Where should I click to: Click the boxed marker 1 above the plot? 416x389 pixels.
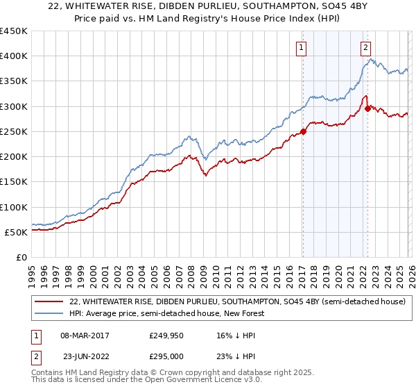[x=302, y=48]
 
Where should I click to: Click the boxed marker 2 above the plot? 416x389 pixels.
[x=365, y=48]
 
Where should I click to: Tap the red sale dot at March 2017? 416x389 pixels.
[x=303, y=132]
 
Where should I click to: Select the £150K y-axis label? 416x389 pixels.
[x=14, y=182]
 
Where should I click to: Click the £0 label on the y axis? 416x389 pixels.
[x=22, y=257]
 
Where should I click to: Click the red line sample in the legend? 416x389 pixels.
[x=49, y=302]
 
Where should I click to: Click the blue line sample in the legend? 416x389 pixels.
[x=49, y=314]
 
